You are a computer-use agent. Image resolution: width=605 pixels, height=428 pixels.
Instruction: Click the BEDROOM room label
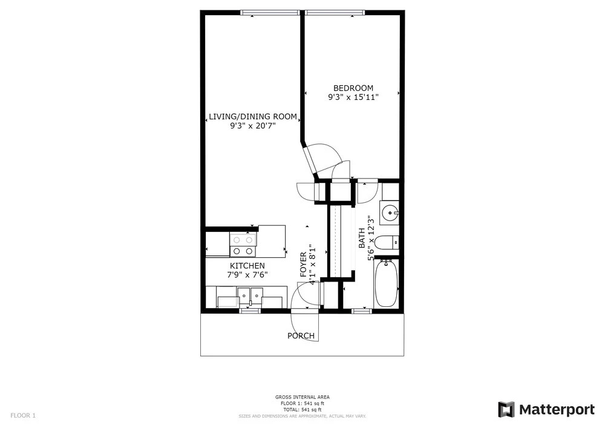[x=353, y=88]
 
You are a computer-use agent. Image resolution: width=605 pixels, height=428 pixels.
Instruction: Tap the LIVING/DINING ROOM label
[x=253, y=117]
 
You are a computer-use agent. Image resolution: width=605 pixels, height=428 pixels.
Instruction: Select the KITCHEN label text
[x=247, y=266]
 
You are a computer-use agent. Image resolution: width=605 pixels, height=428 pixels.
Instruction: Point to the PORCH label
[x=301, y=336]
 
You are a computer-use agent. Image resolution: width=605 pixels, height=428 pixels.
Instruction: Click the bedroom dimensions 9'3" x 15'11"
[x=353, y=97]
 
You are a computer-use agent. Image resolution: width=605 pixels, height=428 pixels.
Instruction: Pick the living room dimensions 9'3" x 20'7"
[x=253, y=126]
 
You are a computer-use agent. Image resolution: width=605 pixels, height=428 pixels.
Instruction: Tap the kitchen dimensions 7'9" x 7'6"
[x=247, y=275]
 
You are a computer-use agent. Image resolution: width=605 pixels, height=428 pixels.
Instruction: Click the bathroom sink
[x=389, y=212]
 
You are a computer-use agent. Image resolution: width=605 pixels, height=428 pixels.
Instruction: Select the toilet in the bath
[x=387, y=242]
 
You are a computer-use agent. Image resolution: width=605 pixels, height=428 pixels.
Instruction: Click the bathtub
[x=386, y=283]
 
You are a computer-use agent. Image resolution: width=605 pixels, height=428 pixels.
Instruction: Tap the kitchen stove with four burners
[x=243, y=245]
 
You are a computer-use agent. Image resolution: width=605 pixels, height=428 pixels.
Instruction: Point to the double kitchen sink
[x=250, y=297]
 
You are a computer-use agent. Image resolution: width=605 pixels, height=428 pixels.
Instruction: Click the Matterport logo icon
[x=506, y=409]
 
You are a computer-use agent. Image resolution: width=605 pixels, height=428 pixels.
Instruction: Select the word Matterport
[x=557, y=409]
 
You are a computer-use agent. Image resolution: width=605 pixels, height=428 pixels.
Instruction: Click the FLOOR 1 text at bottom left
[x=23, y=416]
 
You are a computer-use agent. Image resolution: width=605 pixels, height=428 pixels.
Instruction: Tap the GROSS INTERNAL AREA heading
[x=302, y=397]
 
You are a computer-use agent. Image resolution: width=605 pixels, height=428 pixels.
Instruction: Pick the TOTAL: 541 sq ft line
[x=302, y=410]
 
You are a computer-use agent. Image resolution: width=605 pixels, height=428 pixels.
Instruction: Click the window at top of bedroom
[x=335, y=13]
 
